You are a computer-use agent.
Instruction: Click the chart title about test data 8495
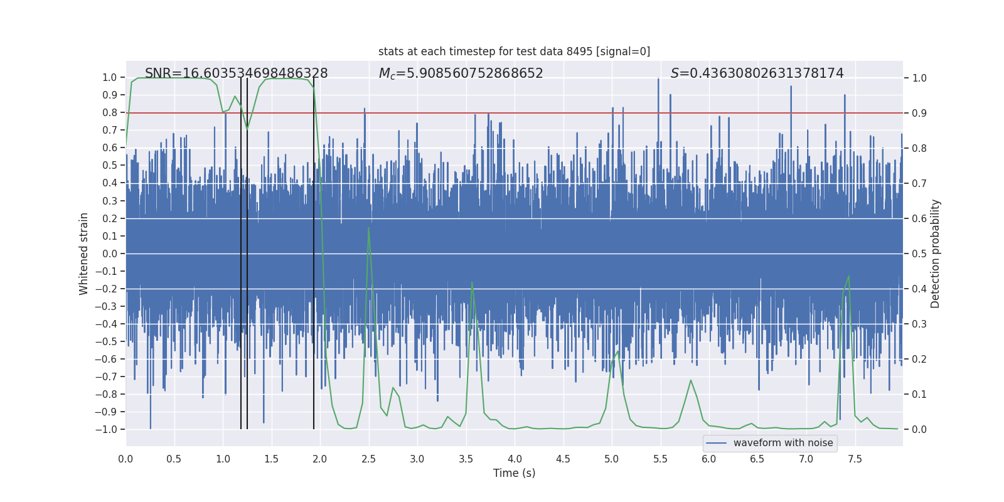514,51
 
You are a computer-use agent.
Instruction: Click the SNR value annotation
236,73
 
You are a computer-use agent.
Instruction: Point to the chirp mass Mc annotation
461,73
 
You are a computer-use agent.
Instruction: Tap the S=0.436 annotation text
757,73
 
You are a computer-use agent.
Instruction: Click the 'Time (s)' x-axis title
514,473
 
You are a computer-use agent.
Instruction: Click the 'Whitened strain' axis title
83,254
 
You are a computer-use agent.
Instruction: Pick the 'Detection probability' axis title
935,254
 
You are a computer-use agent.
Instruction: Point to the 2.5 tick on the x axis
368,459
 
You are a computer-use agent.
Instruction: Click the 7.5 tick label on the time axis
855,459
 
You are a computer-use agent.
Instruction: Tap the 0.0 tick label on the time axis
125,459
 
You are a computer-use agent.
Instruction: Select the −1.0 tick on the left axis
106,429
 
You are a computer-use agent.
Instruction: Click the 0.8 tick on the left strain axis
109,113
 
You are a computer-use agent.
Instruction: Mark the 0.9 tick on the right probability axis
919,113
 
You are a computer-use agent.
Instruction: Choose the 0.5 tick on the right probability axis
919,254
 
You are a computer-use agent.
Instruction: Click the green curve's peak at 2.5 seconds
368,227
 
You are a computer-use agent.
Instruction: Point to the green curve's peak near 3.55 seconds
472,282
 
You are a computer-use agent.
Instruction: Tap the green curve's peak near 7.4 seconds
848,276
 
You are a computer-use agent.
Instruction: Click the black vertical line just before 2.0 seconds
314,251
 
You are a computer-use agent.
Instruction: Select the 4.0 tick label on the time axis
514,459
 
